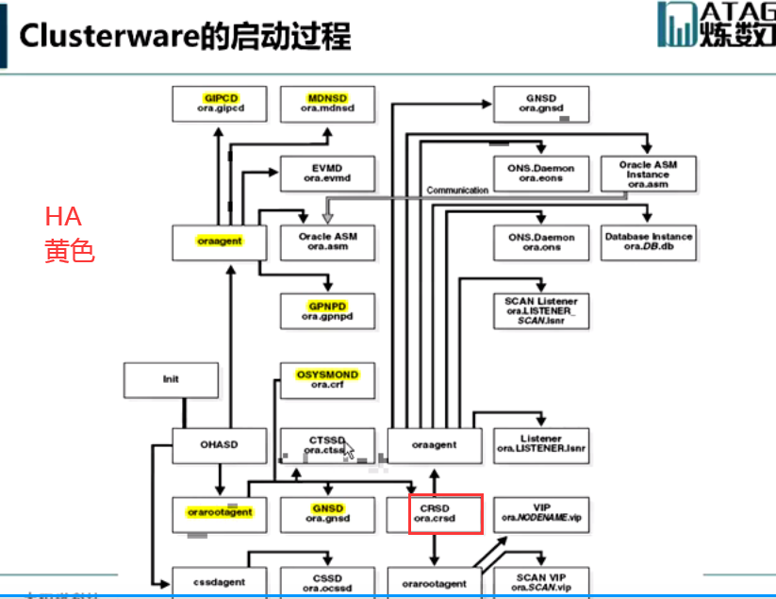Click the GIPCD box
pyautogui.click(x=220, y=103)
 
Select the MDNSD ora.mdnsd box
pyautogui.click(x=327, y=103)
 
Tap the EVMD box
pyautogui.click(x=327, y=173)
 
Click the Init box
pyautogui.click(x=170, y=379)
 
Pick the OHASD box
pyautogui.click(x=220, y=445)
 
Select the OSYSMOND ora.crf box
pyautogui.click(x=327, y=379)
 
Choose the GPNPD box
pyautogui.click(x=327, y=310)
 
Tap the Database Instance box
pyautogui.click(x=649, y=241)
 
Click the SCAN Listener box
pyautogui.click(x=541, y=310)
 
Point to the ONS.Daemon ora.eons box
pyautogui.click(x=541, y=173)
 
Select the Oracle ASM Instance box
pyautogui.click(x=649, y=174)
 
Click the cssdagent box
pyautogui.click(x=220, y=582)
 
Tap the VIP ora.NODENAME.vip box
pyautogui.click(x=541, y=514)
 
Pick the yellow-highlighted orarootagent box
pyautogui.click(x=220, y=513)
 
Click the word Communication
pyautogui.click(x=457, y=190)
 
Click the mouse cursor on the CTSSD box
pyautogui.click(x=349, y=450)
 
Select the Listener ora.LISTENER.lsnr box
pyautogui.click(x=541, y=445)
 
